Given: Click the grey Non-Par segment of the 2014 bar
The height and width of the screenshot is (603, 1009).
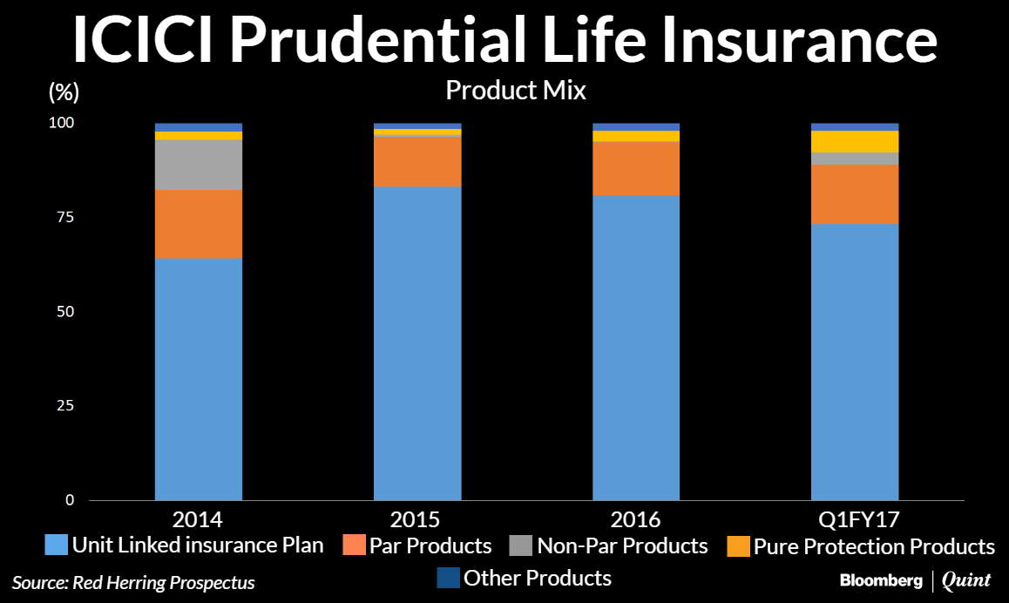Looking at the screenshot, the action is click(198, 165).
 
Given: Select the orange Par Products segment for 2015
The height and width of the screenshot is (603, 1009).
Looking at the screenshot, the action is click(417, 162).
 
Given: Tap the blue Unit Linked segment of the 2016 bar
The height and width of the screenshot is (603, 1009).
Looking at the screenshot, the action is click(636, 348).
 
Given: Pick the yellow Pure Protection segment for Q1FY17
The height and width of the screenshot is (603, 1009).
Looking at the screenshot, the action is click(855, 141).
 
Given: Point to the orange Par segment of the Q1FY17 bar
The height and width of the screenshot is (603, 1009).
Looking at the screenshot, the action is click(855, 194).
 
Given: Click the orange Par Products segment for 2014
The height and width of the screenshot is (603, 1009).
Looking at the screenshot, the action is click(198, 225).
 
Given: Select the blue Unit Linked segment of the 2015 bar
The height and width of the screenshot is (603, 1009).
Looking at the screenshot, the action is click(417, 343).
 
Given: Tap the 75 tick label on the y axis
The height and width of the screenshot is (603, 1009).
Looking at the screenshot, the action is click(65, 217).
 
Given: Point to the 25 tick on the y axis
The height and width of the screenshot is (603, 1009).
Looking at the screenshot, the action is click(65, 405).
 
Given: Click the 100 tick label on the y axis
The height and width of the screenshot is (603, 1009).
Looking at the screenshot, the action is click(62, 122).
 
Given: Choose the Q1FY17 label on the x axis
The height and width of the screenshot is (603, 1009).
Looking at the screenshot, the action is click(858, 520).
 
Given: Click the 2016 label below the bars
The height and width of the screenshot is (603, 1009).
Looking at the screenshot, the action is click(636, 520).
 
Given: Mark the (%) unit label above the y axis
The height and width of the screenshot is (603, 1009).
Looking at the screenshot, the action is click(64, 92).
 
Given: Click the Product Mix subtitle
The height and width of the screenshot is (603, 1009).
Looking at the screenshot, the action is click(516, 91).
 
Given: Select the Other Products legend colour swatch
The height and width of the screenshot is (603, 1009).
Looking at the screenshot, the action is click(448, 578).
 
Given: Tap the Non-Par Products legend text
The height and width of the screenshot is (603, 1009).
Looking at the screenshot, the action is click(622, 545).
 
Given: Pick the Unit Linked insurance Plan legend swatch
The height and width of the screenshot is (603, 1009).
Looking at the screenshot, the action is click(56, 545).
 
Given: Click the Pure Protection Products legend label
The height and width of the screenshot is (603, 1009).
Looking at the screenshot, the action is click(874, 547).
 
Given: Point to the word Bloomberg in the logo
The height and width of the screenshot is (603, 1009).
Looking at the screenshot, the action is click(881, 580).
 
